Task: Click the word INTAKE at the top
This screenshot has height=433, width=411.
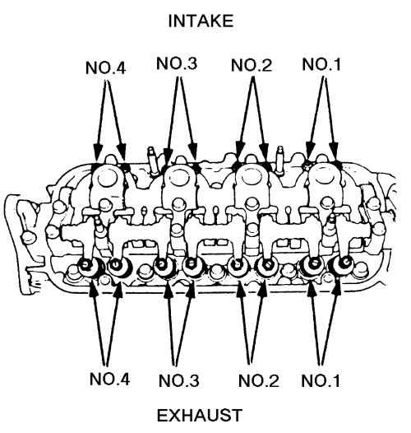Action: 201,21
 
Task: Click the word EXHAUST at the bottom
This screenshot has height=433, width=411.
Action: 200,416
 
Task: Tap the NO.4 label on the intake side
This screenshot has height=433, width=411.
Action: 106,68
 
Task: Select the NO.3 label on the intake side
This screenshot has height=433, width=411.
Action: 177,63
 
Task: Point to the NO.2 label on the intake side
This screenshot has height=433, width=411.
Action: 252,65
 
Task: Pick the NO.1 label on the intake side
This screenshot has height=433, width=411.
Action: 321,64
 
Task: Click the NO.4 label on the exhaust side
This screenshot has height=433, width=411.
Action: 109,379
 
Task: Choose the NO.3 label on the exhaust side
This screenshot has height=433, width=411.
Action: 178,380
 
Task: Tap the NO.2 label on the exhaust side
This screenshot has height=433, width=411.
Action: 259,380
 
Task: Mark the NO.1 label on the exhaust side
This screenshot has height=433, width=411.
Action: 321,380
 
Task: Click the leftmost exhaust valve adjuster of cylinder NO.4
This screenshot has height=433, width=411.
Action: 86,266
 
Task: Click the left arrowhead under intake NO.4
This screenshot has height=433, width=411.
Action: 97,151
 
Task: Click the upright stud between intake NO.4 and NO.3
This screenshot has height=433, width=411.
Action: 153,161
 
